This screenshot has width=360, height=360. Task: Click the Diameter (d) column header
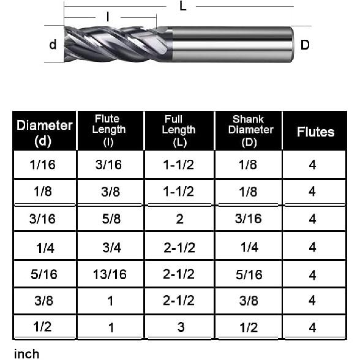[x=44, y=132]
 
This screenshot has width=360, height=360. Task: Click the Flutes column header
[x=315, y=132]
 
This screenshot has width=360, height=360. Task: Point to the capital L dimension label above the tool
[x=183, y=7]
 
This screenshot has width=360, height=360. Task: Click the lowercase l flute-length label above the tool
[x=108, y=17]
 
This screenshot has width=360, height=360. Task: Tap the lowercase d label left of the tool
[x=53, y=45]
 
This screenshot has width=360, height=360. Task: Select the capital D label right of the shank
[x=305, y=45]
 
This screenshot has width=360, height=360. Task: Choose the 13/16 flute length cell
[x=111, y=274]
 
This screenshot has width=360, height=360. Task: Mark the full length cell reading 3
[x=181, y=327]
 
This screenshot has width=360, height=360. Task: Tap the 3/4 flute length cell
[x=111, y=247]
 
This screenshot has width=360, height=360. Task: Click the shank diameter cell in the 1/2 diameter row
[x=248, y=327]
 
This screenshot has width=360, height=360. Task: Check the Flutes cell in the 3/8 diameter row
[x=312, y=300]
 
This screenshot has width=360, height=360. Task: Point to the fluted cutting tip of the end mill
[x=110, y=44]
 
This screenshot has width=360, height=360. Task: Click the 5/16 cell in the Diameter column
[x=44, y=274]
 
